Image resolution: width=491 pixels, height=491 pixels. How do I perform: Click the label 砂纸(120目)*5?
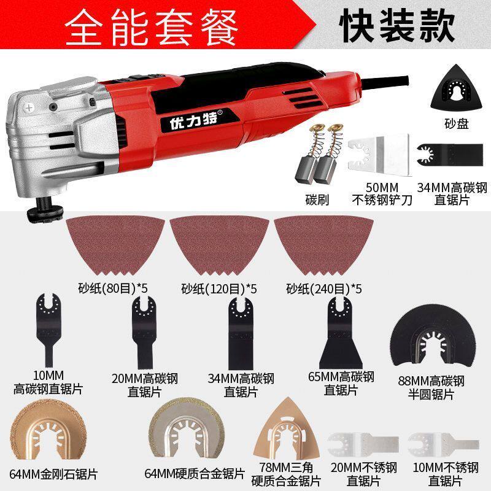[212, 287]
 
